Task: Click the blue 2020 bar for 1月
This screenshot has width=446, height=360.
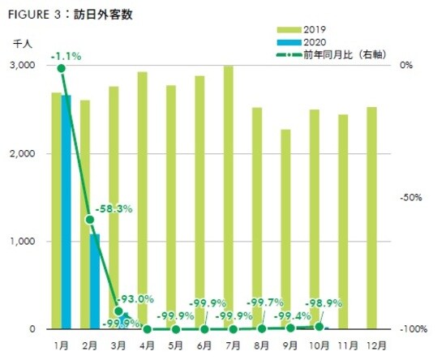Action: pos(66,212)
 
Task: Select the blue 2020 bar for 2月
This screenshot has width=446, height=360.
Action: pos(95,281)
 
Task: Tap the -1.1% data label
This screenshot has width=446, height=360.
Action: pos(65,57)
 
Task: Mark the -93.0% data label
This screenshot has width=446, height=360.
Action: pos(135,299)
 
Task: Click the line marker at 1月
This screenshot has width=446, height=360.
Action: pos(61,68)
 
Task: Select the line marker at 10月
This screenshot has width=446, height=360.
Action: pos(319,327)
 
